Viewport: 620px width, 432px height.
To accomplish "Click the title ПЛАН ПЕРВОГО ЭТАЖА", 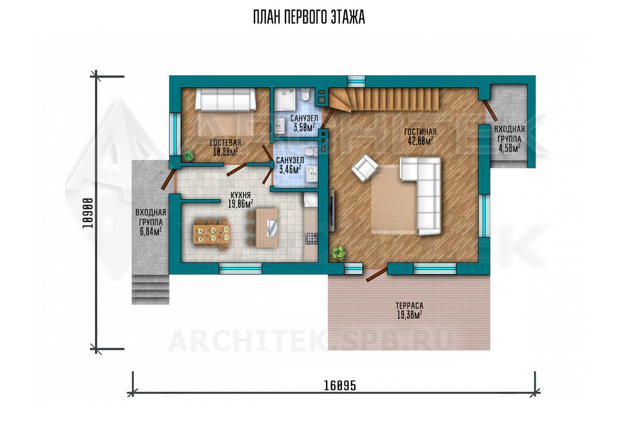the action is click(x=309, y=17).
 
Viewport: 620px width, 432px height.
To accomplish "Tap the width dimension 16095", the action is click(x=340, y=386).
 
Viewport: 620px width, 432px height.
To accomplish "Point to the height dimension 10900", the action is click(x=88, y=213).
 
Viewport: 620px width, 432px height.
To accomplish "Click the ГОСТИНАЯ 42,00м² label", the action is click(x=420, y=136).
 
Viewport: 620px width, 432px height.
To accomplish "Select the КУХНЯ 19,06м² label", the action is click(x=240, y=199).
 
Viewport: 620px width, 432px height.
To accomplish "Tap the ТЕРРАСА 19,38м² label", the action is click(x=409, y=311).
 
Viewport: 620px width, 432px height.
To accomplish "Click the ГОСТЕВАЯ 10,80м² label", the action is click(x=225, y=147).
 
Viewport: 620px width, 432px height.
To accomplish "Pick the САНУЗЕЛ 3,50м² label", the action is click(x=304, y=123).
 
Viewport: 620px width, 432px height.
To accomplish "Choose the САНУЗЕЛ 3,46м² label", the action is click(x=290, y=165).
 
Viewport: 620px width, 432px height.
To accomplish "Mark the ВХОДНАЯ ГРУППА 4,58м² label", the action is click(x=509, y=139).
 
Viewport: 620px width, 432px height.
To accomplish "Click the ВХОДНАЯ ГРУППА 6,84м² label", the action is click(x=151, y=222).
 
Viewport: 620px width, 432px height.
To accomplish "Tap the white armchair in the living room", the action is click(x=365, y=168).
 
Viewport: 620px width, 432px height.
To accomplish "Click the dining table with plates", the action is click(x=212, y=234).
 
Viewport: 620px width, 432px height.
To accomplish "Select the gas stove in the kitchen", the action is click(x=311, y=238).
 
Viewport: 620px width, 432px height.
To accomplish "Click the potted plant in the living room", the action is click(x=338, y=253).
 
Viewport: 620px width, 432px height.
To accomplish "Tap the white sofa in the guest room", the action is click(x=225, y=99).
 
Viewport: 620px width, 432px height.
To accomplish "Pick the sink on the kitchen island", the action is click(x=272, y=228).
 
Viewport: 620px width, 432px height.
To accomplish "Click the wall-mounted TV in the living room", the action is click(x=332, y=211).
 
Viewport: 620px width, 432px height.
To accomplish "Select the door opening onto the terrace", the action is click(x=377, y=274).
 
